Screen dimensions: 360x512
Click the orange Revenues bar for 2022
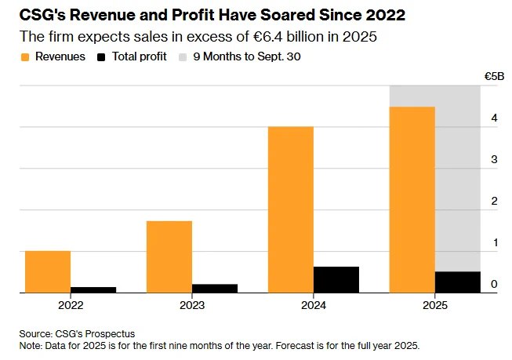click(48, 271)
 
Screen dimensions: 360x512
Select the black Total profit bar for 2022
click(93, 289)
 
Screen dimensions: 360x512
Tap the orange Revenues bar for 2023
click(169, 256)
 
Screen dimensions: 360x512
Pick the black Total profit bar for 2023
click(215, 288)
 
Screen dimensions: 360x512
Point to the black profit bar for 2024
click(336, 279)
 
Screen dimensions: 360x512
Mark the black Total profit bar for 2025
click(458, 282)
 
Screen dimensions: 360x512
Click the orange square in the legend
click(26, 57)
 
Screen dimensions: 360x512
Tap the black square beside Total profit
click(102, 57)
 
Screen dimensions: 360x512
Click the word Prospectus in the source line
click(102, 333)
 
